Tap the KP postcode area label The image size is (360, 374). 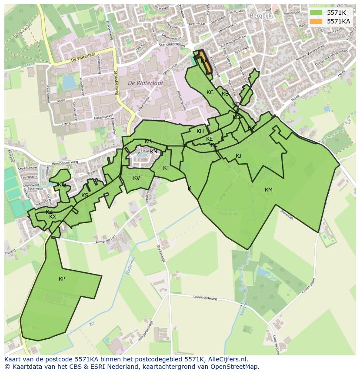62,279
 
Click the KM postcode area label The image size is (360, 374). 268,189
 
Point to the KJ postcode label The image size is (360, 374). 238,156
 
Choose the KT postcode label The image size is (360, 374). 166,168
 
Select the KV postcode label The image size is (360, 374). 137,178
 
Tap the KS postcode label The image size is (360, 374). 85,195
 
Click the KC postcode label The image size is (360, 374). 210,93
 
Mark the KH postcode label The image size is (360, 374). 200,131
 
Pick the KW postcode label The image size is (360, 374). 62,185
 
